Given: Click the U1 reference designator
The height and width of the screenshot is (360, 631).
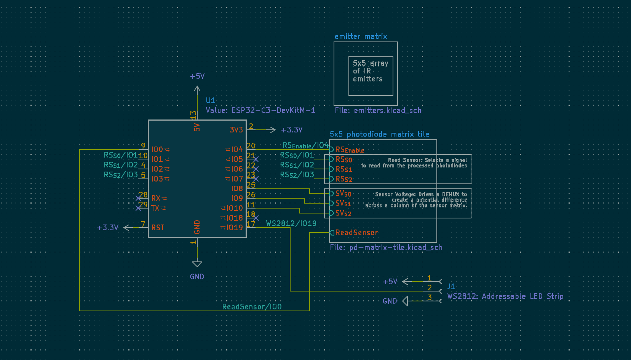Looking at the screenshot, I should click(x=210, y=100).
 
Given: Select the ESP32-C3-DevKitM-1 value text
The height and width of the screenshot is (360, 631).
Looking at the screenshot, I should click(x=260, y=110).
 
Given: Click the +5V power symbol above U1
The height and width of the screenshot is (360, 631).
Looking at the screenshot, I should click(x=197, y=76).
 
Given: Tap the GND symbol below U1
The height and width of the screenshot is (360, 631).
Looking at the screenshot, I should click(x=197, y=276).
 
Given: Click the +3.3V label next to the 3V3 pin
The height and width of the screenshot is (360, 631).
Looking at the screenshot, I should click(x=291, y=130).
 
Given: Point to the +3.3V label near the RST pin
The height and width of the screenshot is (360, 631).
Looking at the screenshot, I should click(x=107, y=228).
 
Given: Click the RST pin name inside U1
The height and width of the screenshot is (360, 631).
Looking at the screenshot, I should click(x=158, y=228).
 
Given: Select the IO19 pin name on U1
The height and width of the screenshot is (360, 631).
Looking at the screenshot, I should click(x=234, y=228).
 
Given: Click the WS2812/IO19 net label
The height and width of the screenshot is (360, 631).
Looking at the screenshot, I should click(x=291, y=223).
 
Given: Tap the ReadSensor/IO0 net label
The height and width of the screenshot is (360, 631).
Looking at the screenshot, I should click(x=252, y=307).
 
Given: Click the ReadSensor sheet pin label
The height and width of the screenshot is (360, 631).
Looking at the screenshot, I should click(x=356, y=233).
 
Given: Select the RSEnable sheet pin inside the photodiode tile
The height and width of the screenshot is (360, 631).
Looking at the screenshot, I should click(x=349, y=150).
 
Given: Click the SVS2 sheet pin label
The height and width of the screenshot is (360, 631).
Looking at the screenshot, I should click(x=343, y=213).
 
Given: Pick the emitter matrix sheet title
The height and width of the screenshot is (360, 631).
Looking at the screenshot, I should click(x=361, y=37).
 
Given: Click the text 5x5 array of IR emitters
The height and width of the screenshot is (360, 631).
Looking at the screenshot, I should click(x=370, y=71).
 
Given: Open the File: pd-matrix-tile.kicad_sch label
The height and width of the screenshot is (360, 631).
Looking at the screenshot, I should click(x=386, y=247).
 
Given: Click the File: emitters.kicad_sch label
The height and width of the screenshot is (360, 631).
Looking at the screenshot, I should click(x=378, y=111).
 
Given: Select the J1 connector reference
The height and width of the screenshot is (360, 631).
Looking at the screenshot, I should click(x=451, y=286).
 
